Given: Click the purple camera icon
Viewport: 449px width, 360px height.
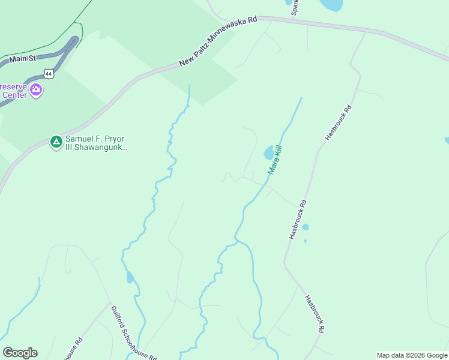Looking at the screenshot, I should (x=37, y=90).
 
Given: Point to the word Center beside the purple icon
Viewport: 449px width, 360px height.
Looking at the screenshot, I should (x=13, y=94).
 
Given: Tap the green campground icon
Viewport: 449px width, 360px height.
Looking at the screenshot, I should (x=56, y=142).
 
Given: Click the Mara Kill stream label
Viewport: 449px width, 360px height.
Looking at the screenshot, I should (x=274, y=159).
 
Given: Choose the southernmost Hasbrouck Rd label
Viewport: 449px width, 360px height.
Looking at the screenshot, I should (x=315, y=314).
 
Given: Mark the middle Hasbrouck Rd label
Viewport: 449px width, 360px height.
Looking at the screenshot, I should (x=298, y=220).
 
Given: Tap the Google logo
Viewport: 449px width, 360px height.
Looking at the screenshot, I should (x=20, y=353).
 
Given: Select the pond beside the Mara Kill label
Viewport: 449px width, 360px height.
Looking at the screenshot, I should (x=268, y=153).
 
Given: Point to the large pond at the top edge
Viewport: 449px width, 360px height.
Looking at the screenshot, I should (x=331, y=5).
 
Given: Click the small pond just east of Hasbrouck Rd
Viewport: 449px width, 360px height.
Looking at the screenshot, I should (x=306, y=227).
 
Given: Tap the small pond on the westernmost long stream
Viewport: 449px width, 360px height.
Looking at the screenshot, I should (x=130, y=277).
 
